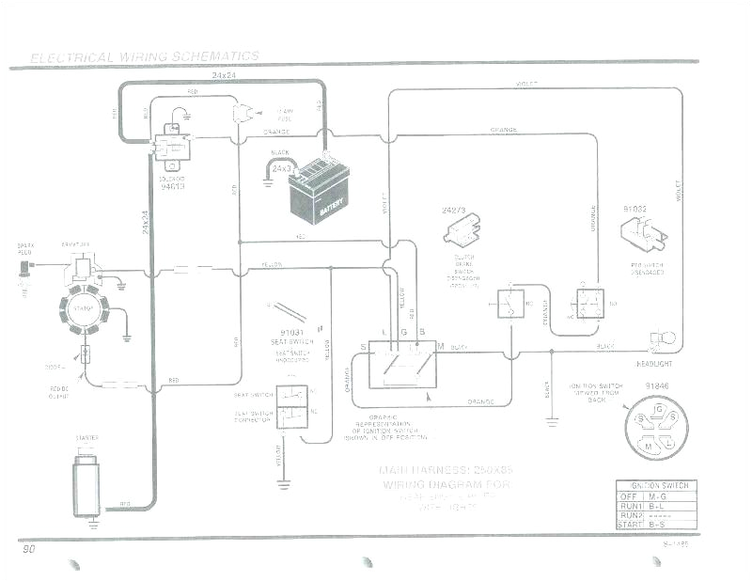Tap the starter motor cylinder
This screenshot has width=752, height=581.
[87, 484]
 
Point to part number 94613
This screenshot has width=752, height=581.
[171, 186]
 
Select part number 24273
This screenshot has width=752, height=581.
[455, 212]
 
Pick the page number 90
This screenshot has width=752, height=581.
[29, 548]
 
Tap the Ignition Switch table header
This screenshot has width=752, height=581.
[657, 485]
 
